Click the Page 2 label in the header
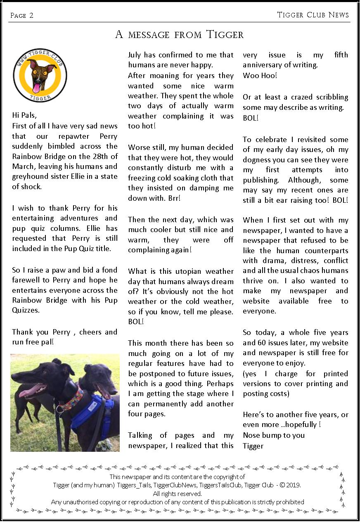point(22,16)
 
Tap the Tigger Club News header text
point(313,15)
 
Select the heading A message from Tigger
point(180,35)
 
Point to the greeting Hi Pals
point(27,115)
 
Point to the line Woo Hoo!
point(260,76)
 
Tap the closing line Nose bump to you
point(274,435)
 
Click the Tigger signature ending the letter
point(253,446)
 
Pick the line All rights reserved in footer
point(178,494)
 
